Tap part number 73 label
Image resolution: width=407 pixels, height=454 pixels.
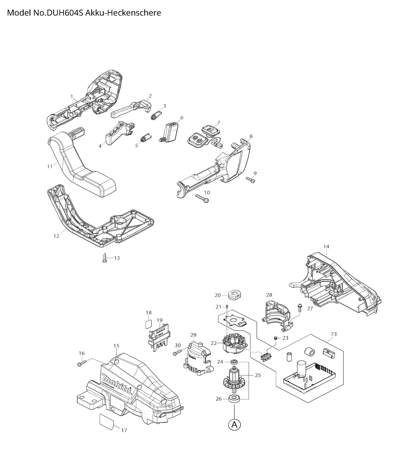click(333, 334)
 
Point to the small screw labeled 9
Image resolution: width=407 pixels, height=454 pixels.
click(250, 179)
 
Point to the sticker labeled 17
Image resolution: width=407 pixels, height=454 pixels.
click(107, 421)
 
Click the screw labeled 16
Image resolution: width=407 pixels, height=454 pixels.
click(81, 364)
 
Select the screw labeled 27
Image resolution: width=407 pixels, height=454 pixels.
click(300, 308)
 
